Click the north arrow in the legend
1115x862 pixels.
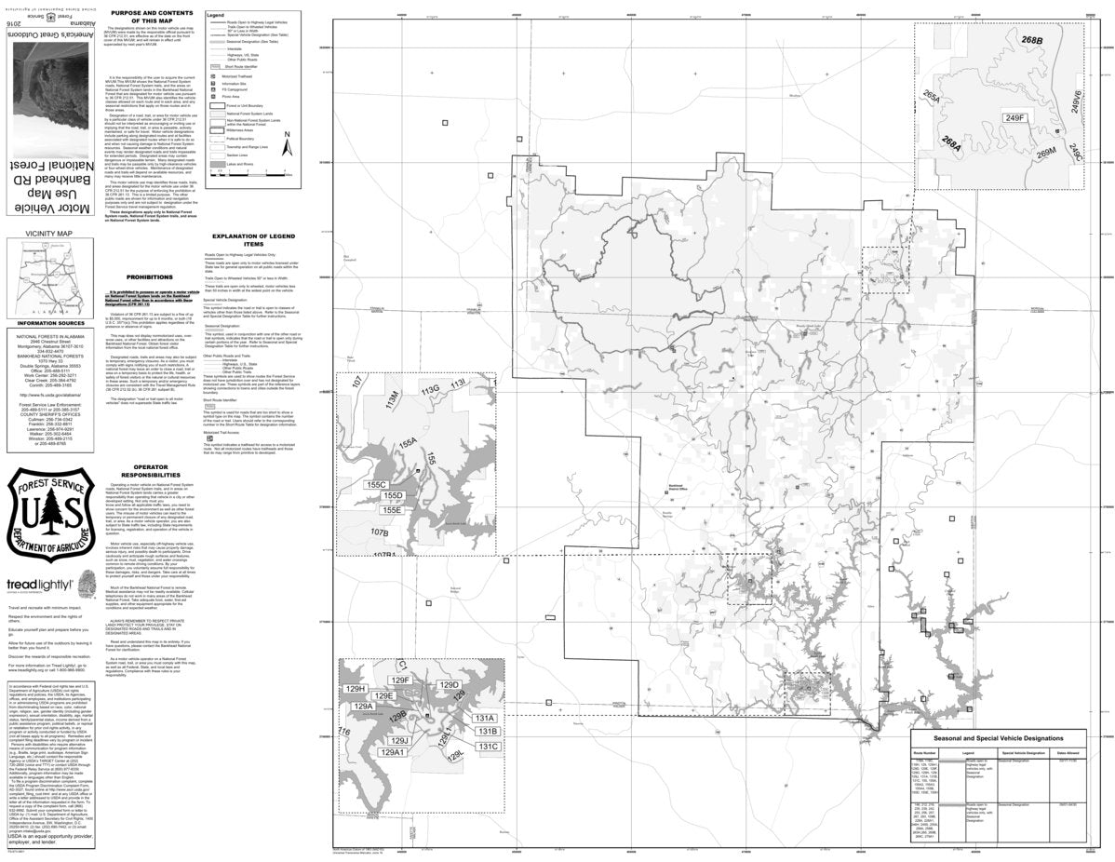coord(288,144)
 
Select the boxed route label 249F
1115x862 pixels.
coord(1013,117)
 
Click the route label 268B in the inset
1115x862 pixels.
coord(1031,42)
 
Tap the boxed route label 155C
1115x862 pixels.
coord(376,484)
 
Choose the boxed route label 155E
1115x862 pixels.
coord(391,509)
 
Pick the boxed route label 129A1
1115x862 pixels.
coord(392,777)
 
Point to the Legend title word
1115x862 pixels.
coord(216,16)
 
